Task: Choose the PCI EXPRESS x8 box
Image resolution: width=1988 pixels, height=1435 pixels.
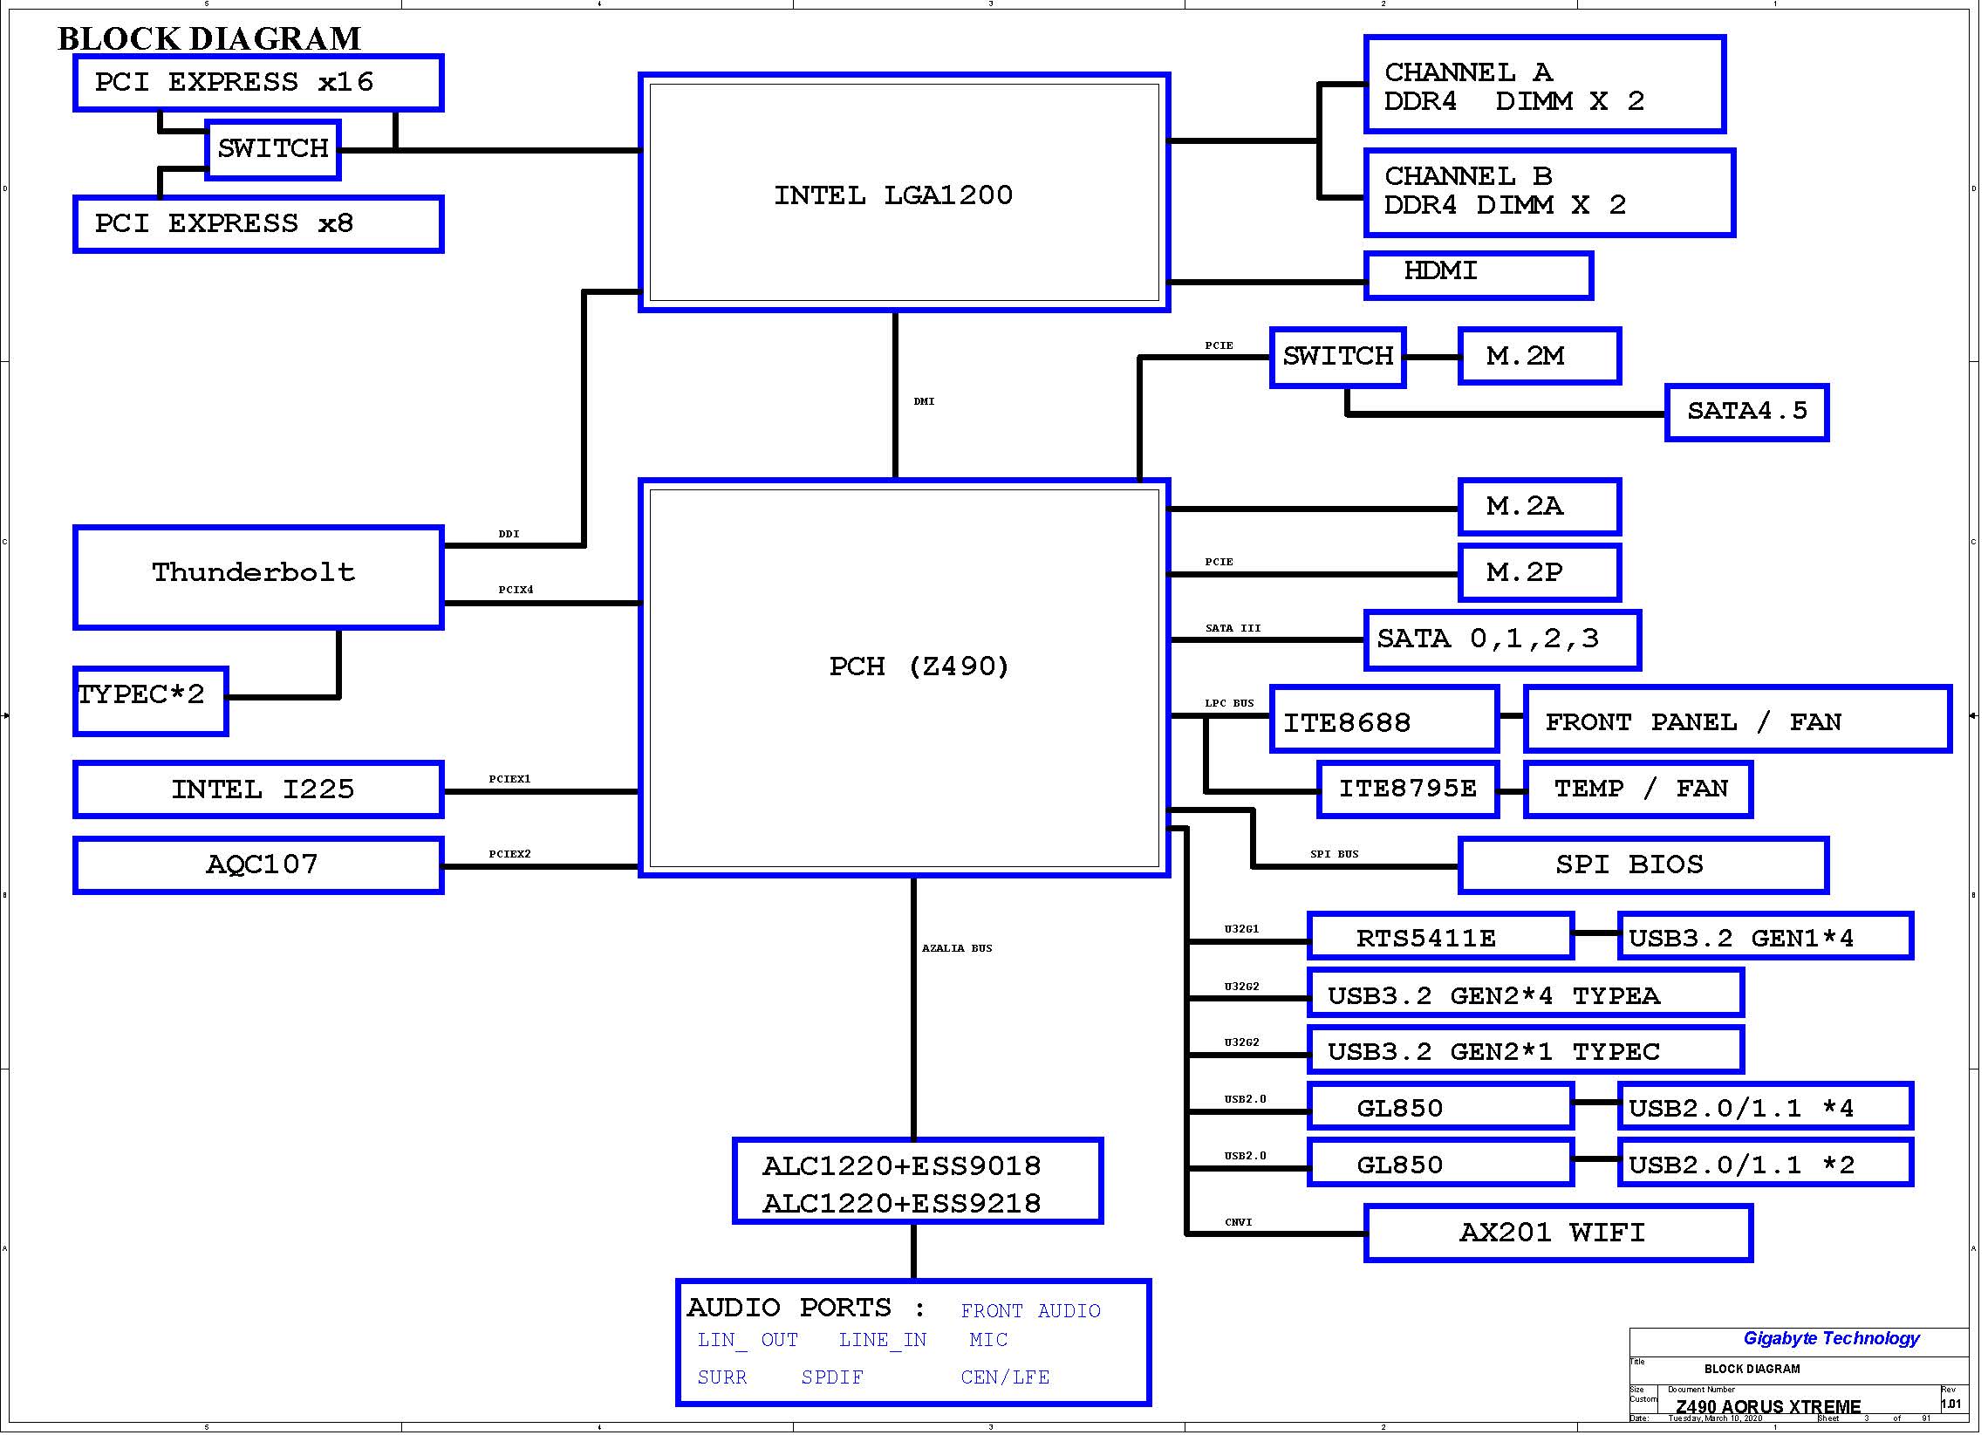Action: (x=259, y=225)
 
